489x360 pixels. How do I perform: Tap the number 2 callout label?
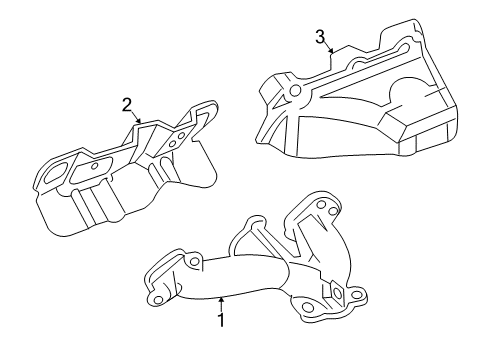coord(127,105)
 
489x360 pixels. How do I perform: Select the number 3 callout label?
coord(319,38)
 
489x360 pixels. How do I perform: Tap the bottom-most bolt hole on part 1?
coord(313,324)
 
